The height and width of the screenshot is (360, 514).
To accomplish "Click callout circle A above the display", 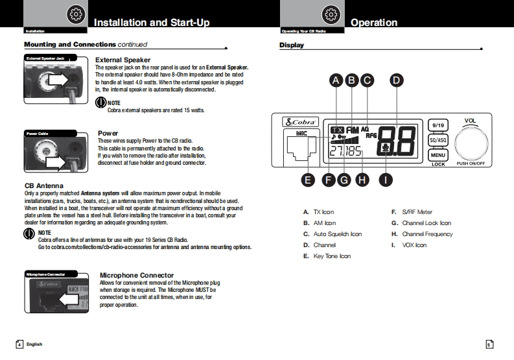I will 336,80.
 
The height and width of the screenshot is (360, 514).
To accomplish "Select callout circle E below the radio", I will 309,180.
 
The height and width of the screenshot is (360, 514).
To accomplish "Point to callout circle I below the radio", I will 386,180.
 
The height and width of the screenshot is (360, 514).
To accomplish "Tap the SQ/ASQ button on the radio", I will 438,139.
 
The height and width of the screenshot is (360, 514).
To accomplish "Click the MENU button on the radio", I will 438,155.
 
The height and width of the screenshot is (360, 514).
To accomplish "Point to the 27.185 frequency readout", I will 345,152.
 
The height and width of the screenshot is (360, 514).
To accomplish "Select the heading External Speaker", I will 123,60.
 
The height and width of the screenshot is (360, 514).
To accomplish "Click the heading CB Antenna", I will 44,186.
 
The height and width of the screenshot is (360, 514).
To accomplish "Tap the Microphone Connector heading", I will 137,275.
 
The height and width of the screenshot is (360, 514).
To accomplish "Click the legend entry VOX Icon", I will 414,245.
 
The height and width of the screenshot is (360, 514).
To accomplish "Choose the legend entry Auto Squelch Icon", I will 337,234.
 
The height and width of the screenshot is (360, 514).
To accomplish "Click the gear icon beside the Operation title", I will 331,14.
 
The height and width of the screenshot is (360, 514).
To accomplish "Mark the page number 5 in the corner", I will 489,344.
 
